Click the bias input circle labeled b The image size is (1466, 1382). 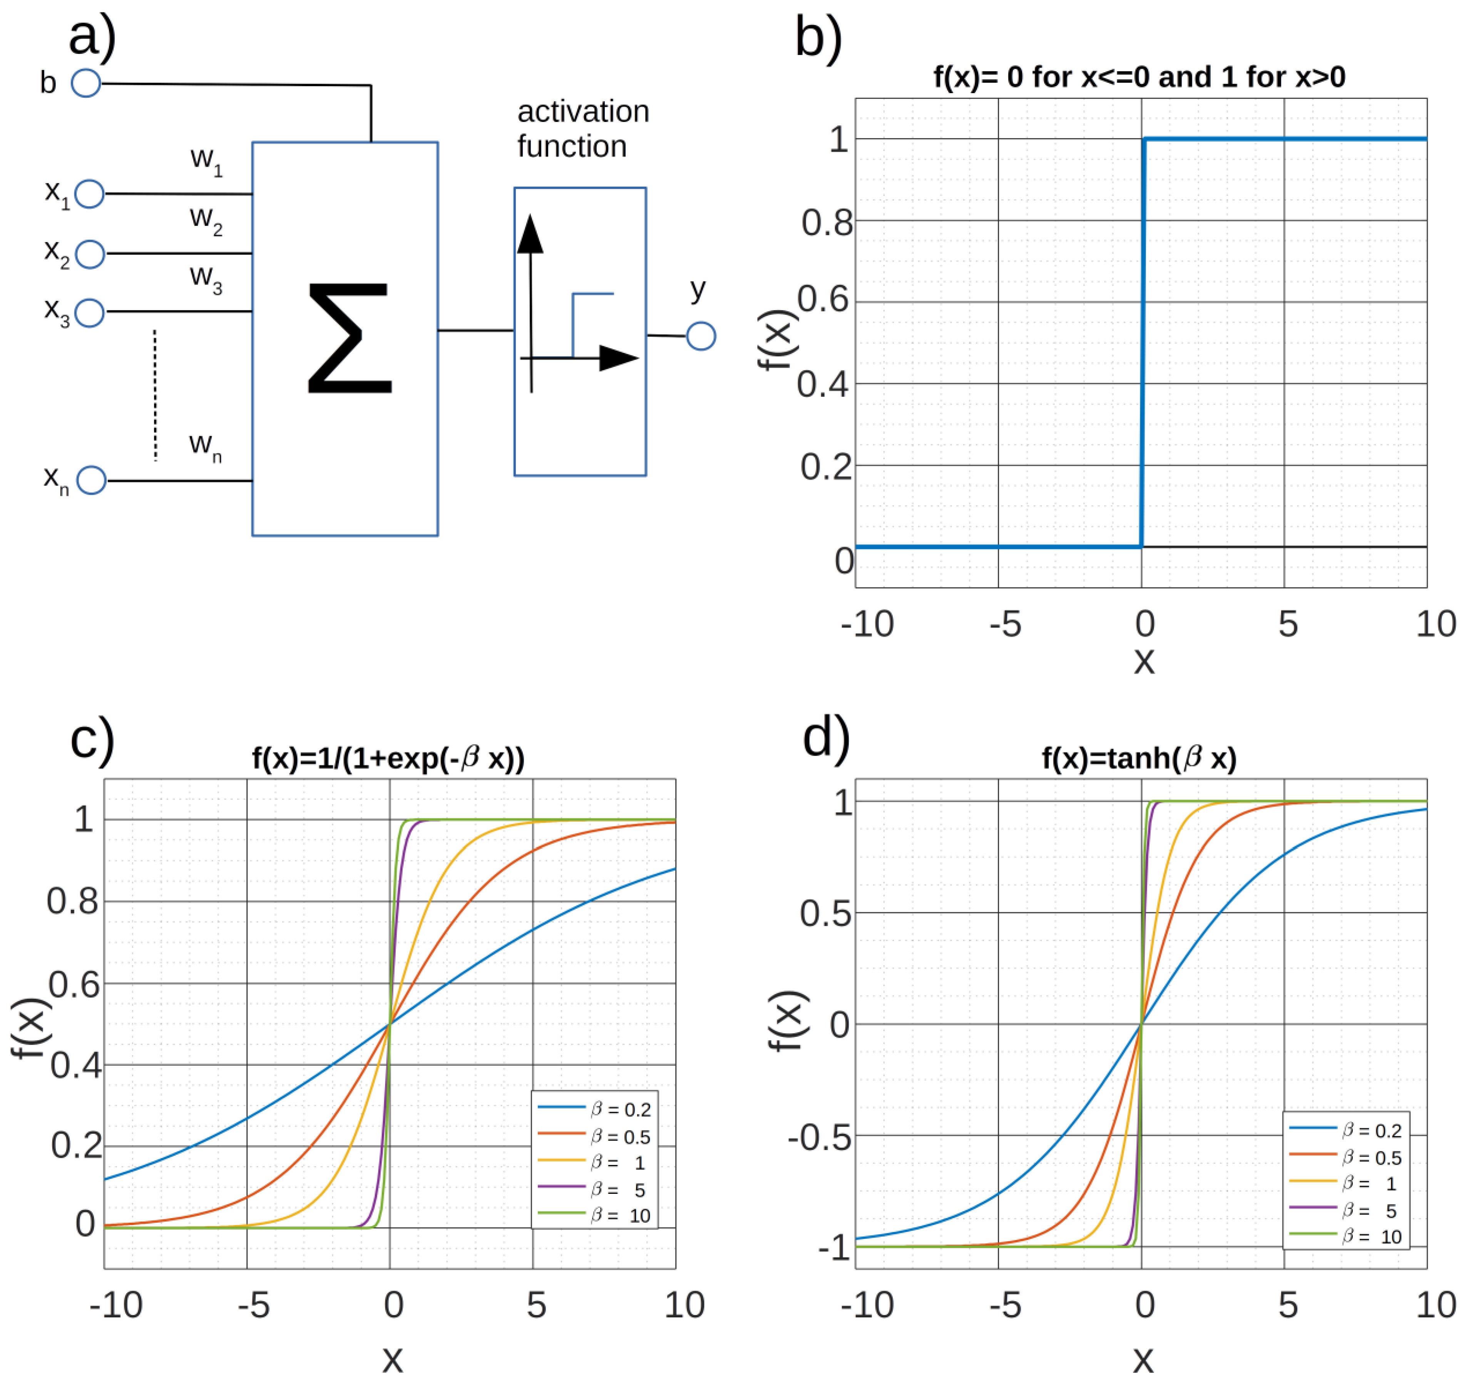tap(85, 83)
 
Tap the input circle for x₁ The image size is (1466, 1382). tap(89, 194)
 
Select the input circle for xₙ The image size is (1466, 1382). tap(92, 481)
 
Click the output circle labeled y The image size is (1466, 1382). tap(701, 336)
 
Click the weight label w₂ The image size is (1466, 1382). tap(206, 219)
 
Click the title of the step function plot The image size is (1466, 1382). tap(1139, 77)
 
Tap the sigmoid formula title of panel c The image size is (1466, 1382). tap(388, 758)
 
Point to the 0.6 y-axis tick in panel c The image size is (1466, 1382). tap(74, 985)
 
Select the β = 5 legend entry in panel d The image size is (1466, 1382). tap(1346, 1211)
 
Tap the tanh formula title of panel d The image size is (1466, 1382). tap(1139, 758)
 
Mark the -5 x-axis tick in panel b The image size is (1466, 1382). tap(1005, 624)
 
